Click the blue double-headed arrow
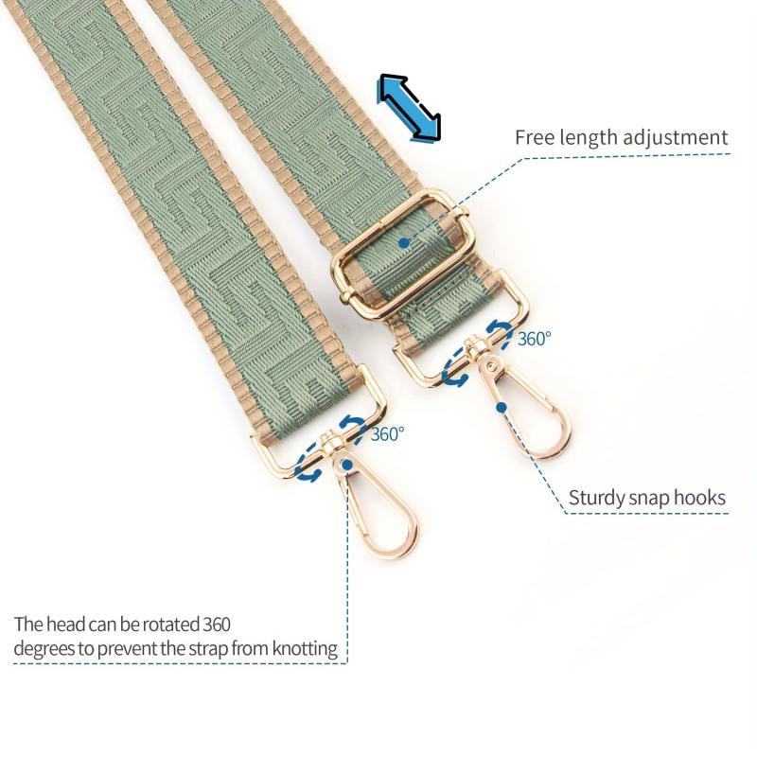(410, 108)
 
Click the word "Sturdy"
(596, 499)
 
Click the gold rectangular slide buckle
(400, 255)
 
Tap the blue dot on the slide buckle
(404, 243)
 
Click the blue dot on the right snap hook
(502, 408)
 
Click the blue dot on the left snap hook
(346, 465)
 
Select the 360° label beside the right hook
(534, 339)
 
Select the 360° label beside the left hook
(387, 434)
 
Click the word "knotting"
(305, 648)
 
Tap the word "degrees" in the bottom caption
(45, 649)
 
